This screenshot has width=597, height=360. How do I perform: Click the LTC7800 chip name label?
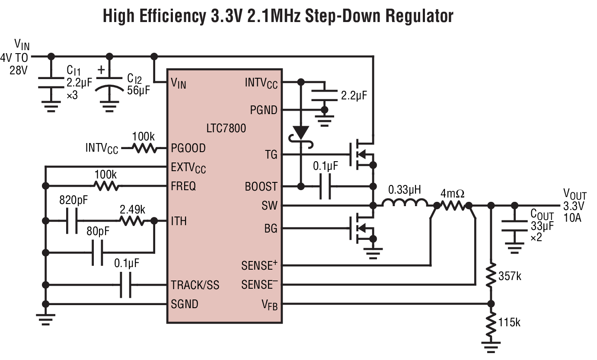click(226, 128)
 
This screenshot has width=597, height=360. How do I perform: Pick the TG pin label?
click(271, 155)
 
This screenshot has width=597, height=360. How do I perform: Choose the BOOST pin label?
click(261, 186)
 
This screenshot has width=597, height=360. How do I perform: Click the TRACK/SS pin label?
click(195, 285)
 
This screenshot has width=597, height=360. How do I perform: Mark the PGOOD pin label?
click(188, 148)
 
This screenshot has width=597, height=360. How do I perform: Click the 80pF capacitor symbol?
click(98, 252)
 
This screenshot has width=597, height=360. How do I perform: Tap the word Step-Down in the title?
click(344, 16)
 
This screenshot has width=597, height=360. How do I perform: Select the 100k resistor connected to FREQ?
click(106, 186)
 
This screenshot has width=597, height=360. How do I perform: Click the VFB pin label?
click(269, 305)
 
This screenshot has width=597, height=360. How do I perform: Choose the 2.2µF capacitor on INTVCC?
click(324, 95)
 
